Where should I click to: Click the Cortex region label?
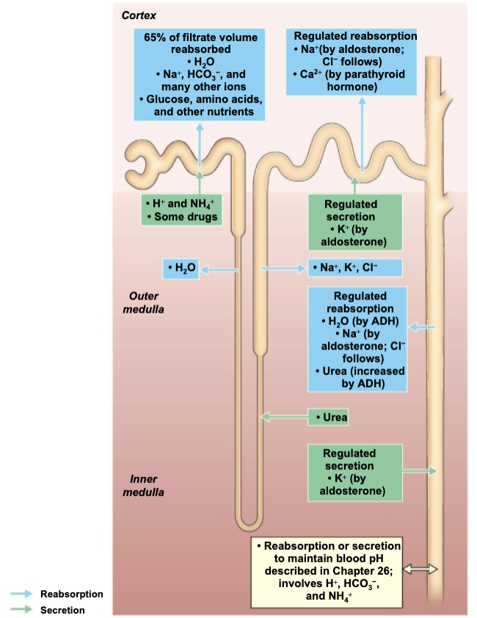(139, 15)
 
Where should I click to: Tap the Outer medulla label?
(144, 302)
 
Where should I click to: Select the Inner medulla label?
(144, 486)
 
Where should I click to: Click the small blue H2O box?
(181, 269)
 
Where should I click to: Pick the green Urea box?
(328, 418)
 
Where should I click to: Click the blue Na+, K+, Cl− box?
(355, 268)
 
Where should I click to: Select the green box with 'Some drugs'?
(181, 210)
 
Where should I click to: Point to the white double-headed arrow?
(420, 569)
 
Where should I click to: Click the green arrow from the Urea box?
(285, 417)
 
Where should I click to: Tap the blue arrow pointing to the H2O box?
(219, 270)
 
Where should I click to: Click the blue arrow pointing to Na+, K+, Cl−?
(283, 269)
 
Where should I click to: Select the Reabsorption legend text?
(72, 594)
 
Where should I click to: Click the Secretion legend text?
(62, 610)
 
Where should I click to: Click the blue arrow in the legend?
(21, 594)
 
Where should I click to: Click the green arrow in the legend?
(21, 609)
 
